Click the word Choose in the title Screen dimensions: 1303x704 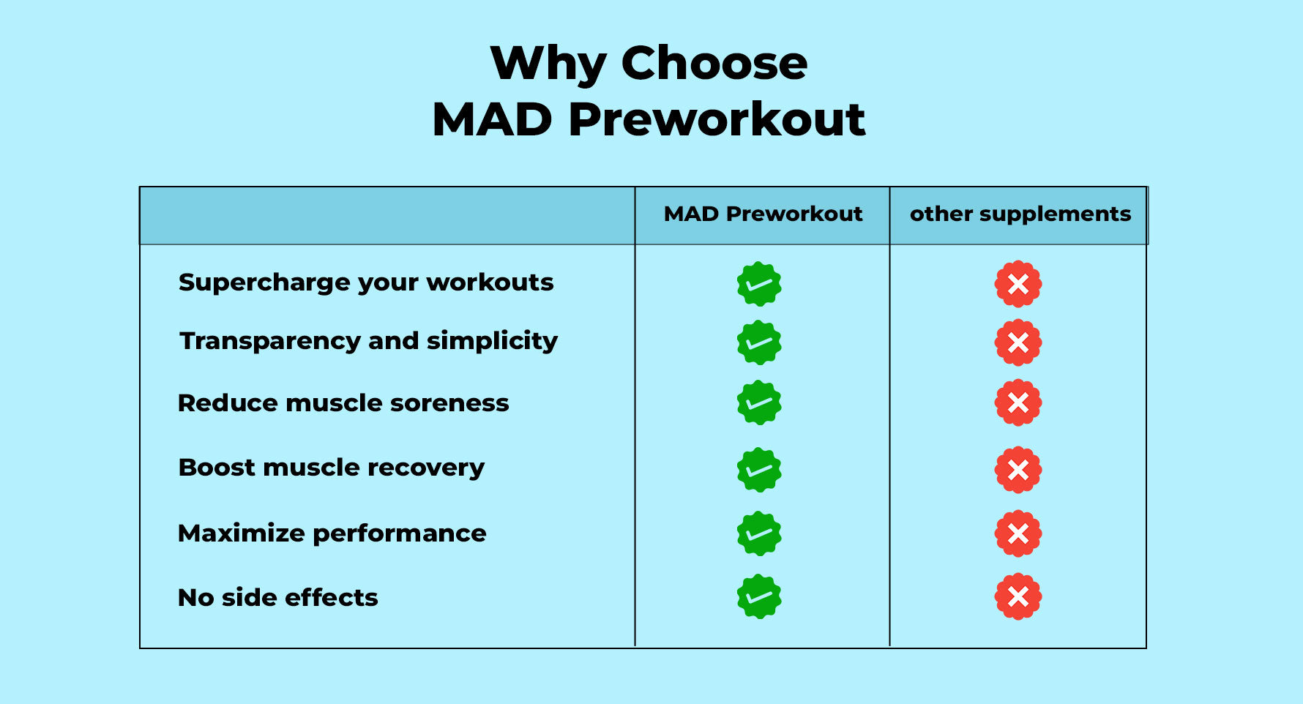pyautogui.click(x=714, y=63)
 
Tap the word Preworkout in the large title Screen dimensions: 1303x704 pyautogui.click(x=717, y=119)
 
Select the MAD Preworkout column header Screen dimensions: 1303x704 pyautogui.click(x=763, y=214)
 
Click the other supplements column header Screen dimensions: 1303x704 pyautogui.click(x=1020, y=214)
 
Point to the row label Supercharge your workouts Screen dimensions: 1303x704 pyautogui.click(x=366, y=282)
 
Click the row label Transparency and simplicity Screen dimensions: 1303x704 pyautogui.click(x=369, y=341)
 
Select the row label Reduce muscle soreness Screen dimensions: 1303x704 pyautogui.click(x=343, y=403)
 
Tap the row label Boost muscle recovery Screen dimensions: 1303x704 pyautogui.click(x=332, y=468)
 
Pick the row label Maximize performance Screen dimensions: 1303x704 pyautogui.click(x=332, y=533)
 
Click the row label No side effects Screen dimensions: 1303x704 pyautogui.click(x=278, y=598)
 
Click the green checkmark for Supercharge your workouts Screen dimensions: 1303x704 pyautogui.click(x=759, y=284)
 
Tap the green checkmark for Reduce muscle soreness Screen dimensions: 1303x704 pyautogui.click(x=759, y=402)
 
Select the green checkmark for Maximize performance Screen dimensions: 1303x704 pyautogui.click(x=759, y=533)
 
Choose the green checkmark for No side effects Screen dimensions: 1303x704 pyautogui.click(x=759, y=596)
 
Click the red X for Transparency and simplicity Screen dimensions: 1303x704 pyautogui.click(x=1018, y=342)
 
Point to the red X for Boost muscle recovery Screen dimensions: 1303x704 pyautogui.click(x=1018, y=470)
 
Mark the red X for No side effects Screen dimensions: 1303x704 pyautogui.click(x=1018, y=596)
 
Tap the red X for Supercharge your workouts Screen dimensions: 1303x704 pyautogui.click(x=1018, y=284)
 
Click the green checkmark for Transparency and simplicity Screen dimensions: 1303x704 pyautogui.click(x=759, y=342)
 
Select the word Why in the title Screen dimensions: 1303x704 pyautogui.click(x=548, y=64)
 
